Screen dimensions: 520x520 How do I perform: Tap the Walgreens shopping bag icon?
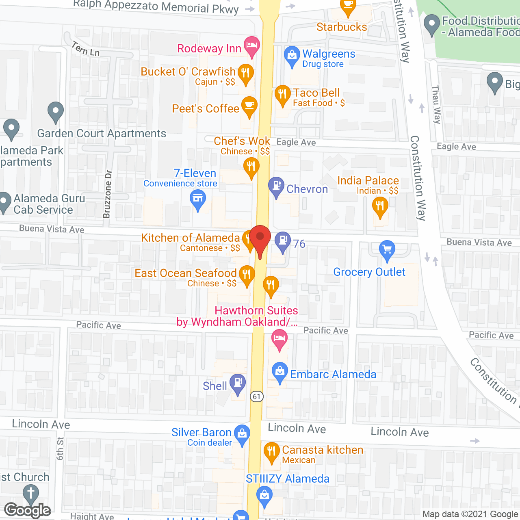click(x=292, y=56)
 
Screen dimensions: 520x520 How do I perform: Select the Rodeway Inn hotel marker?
click(x=252, y=45)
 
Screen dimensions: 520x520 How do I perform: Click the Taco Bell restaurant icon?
click(x=282, y=94)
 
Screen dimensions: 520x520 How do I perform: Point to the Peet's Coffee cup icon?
click(x=249, y=106)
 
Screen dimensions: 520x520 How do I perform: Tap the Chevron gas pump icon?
click(x=276, y=186)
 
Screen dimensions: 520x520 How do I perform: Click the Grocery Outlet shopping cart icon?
click(x=387, y=249)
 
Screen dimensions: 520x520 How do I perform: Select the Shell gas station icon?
click(x=238, y=383)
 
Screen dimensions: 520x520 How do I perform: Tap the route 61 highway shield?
click(x=256, y=396)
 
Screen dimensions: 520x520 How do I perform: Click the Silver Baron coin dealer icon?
click(x=242, y=434)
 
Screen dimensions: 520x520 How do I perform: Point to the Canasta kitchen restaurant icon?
click(x=271, y=451)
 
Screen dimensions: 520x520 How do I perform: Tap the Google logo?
click(x=28, y=510)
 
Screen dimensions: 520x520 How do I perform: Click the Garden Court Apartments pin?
click(x=56, y=111)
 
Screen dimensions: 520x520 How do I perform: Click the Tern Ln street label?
click(x=85, y=49)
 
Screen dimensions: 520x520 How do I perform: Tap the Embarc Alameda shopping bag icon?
click(x=279, y=372)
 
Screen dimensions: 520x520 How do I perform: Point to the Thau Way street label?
click(x=436, y=104)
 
